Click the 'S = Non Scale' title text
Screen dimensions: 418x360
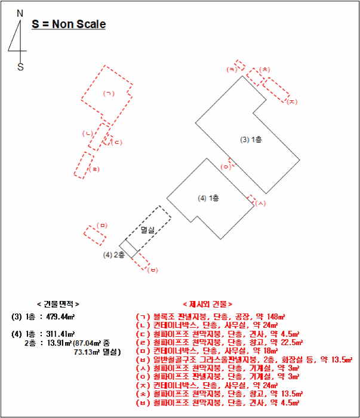pyautogui.click(x=69, y=24)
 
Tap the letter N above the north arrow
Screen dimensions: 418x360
pyautogui.click(x=20, y=13)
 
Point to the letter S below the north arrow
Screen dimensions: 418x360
pyautogui.click(x=20, y=67)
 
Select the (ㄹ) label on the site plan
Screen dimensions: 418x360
pyautogui.click(x=94, y=170)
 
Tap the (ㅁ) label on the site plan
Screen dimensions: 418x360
pyautogui.click(x=102, y=225)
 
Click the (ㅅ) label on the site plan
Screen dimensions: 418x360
pyautogui.click(x=260, y=204)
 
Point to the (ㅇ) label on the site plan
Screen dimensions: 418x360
pyautogui.click(x=226, y=167)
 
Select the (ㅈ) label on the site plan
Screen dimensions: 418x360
pyautogui.click(x=291, y=102)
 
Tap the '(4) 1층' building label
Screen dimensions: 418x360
pyautogui.click(x=209, y=198)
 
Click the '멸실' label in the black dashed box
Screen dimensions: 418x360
pyautogui.click(x=147, y=229)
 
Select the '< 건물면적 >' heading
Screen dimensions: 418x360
pyautogui.click(x=57, y=304)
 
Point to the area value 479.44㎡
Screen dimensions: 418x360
pyautogui.click(x=60, y=316)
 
